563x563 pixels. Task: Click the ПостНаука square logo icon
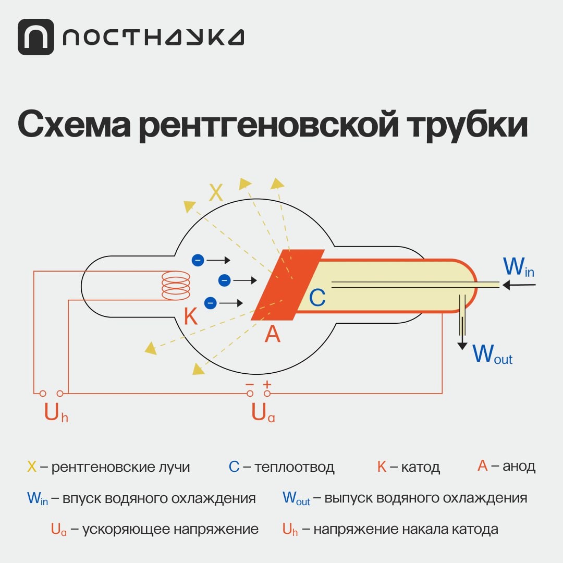coord(35,37)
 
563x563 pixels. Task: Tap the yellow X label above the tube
coord(216,193)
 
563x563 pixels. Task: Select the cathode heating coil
coord(176,286)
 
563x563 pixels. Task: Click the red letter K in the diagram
coord(191,316)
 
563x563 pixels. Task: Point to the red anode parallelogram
coord(287,284)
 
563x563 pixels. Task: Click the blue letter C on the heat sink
coord(317,298)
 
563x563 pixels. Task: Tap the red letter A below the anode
coord(272,334)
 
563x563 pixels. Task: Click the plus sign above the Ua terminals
coord(267,384)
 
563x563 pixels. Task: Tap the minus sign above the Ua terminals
coord(250,384)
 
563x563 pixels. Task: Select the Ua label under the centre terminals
coord(263,413)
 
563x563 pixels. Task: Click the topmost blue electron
coord(198,260)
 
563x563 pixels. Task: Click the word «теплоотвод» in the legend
coord(295,467)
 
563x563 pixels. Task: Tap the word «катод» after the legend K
coord(421,467)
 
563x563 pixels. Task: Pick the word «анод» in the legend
coord(519,466)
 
